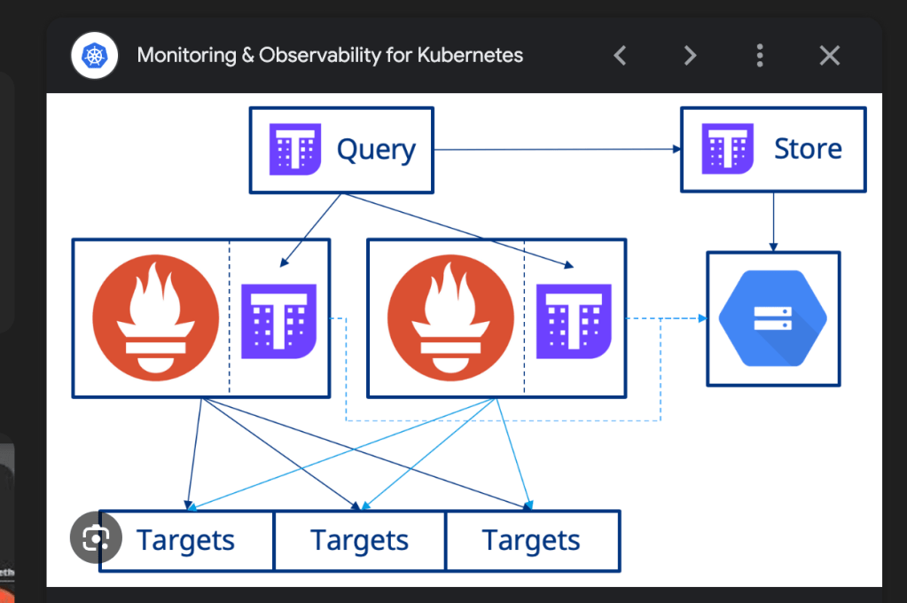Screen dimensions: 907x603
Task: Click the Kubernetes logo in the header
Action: coord(94,56)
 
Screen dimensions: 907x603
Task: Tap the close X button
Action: coord(830,56)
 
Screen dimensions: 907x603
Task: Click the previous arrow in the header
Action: coord(620,56)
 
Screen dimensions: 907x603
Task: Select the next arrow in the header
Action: coord(690,56)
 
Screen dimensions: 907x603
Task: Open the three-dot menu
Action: coord(760,56)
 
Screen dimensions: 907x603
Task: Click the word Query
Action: coord(376,150)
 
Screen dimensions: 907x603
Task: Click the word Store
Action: coord(808,149)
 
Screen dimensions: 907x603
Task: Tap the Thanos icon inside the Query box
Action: coord(295,149)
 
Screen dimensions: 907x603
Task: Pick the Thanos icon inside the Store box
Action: coord(727,148)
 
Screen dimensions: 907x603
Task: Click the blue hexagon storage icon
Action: coord(773,318)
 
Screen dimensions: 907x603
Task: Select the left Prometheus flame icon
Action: coord(156,317)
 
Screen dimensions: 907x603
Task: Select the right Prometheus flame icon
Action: coord(450,317)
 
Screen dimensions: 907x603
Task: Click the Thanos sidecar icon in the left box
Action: coord(278,321)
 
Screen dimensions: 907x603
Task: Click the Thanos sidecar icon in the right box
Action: coord(574,321)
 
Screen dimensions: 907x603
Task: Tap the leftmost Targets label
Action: coord(185,541)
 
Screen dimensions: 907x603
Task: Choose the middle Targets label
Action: coord(359,541)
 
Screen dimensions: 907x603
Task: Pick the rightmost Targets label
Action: coord(531,541)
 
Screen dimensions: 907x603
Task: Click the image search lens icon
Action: coord(96,537)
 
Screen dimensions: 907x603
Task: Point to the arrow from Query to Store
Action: coord(558,149)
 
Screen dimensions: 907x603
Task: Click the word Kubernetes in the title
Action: coord(470,55)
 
